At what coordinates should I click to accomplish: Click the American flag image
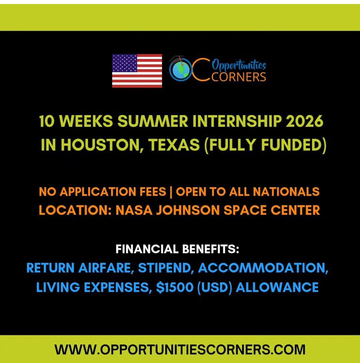point(137,71)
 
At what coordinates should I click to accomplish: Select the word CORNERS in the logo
point(238,76)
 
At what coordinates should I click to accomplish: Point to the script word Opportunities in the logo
point(239,64)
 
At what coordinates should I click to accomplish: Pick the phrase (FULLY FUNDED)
point(265,146)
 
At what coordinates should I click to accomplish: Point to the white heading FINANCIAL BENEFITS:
point(177,249)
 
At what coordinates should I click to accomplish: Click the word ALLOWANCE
point(277,287)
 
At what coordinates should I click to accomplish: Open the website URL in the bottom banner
point(180,349)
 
